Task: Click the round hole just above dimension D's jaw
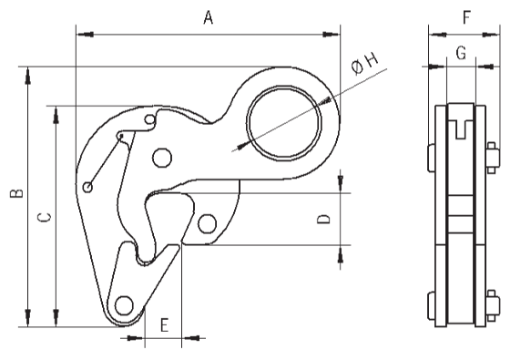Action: [x=207, y=222]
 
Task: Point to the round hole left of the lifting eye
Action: [x=162, y=159]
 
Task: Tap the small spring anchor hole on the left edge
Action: [x=87, y=188]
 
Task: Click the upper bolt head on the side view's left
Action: [x=431, y=156]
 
